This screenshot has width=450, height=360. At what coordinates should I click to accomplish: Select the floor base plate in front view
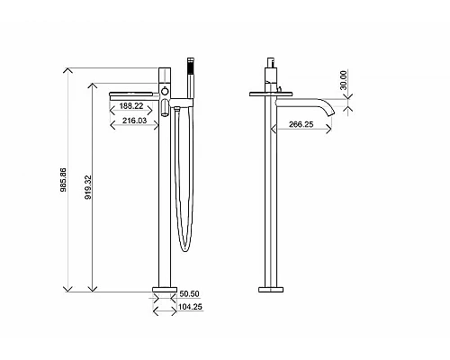click(164, 290)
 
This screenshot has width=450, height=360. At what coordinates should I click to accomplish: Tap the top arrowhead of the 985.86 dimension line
click(70, 69)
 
